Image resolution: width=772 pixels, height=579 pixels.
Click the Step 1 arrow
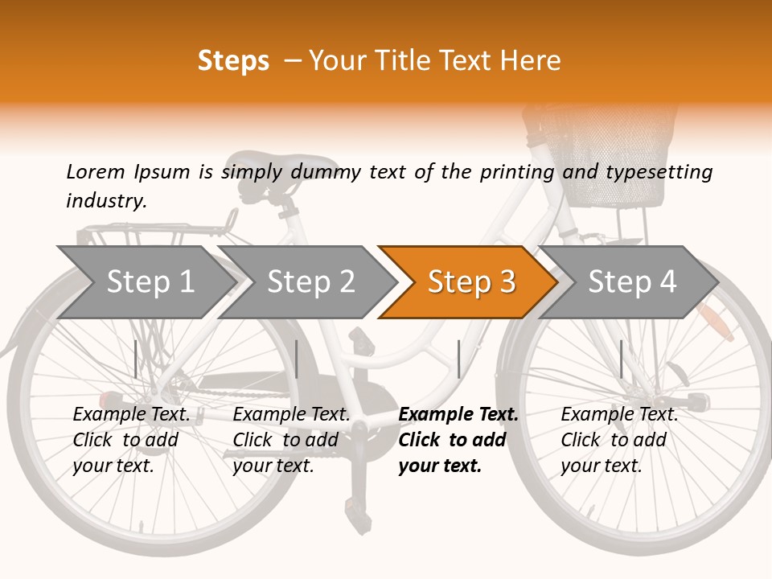point(149,281)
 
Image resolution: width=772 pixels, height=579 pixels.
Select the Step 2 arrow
point(310,281)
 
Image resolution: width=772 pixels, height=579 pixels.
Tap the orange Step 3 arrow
point(470,281)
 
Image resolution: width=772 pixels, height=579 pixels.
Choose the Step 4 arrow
point(631,281)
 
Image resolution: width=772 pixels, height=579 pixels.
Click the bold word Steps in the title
point(233,61)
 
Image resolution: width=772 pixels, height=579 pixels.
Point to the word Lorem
point(96,171)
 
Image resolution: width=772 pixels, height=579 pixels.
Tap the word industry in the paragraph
point(105,201)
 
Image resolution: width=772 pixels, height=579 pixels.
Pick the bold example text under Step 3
point(458,440)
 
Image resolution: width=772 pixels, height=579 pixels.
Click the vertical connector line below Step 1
point(136,359)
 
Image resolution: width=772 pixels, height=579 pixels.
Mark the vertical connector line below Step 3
point(458,359)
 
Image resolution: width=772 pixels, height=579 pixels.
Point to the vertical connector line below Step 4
point(621,359)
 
